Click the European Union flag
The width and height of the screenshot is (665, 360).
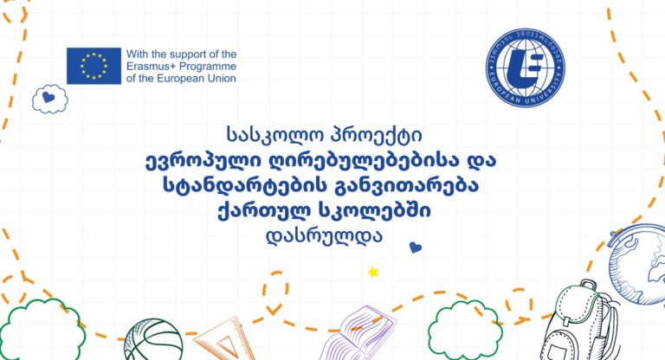pos(94,66)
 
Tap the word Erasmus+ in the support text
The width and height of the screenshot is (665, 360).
pos(151,67)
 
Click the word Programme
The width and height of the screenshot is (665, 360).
pos(208,67)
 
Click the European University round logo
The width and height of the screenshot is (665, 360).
pos(526,67)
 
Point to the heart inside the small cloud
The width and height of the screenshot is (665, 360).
pos(48,98)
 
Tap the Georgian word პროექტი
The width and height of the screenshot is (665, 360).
pos(376,135)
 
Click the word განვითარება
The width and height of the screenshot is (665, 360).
pos(407,186)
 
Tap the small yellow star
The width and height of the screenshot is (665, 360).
pos(373,272)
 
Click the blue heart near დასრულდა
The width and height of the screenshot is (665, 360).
pos(416,247)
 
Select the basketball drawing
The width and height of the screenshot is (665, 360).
pos(153,340)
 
